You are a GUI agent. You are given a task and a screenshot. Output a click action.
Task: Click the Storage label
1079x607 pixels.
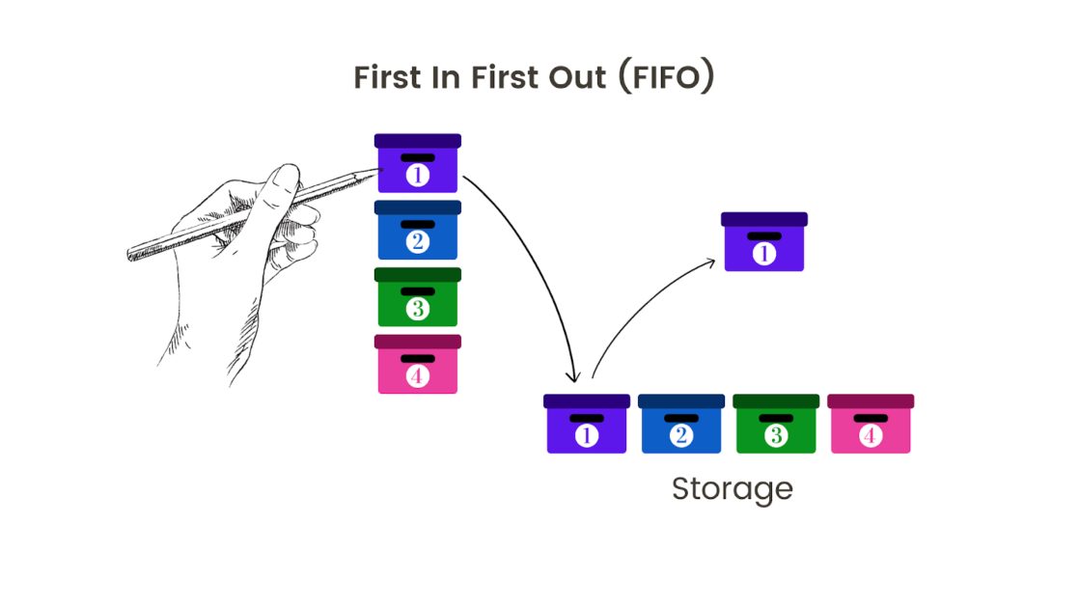point(732,488)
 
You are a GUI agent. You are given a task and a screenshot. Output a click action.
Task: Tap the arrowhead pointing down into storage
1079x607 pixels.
point(575,375)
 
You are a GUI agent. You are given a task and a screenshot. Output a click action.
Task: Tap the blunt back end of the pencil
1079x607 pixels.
point(130,256)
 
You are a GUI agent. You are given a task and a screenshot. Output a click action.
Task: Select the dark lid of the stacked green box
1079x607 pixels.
point(417,275)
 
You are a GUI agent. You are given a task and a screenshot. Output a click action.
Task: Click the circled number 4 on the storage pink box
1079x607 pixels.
point(871,436)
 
